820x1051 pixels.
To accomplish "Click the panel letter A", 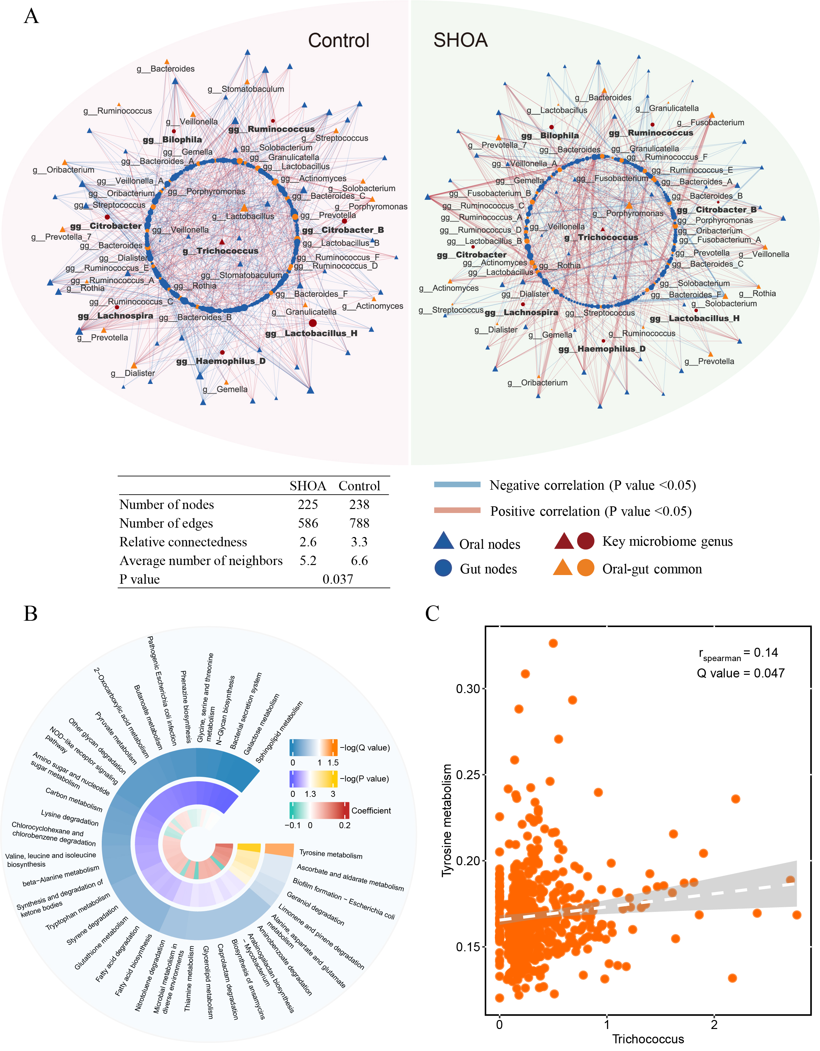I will click(31, 16).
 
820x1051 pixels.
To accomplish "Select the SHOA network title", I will click(460, 40).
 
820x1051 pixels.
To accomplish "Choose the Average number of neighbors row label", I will click(201, 561).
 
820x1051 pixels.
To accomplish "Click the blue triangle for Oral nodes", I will click(443, 541).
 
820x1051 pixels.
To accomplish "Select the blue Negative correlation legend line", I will click(457, 485).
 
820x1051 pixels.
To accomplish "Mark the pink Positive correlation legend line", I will click(457, 511).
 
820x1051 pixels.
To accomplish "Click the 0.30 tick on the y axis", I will click(468, 689).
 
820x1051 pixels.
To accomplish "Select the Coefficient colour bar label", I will click(371, 811).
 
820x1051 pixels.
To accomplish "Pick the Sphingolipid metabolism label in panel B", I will click(279, 732).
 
